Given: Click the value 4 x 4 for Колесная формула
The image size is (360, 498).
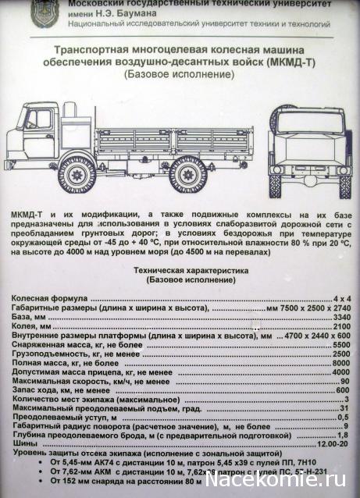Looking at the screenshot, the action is coord(340,300).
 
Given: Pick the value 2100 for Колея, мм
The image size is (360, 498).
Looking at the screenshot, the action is coord(340,327).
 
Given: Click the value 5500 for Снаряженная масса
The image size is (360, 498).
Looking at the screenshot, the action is coord(340,345).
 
